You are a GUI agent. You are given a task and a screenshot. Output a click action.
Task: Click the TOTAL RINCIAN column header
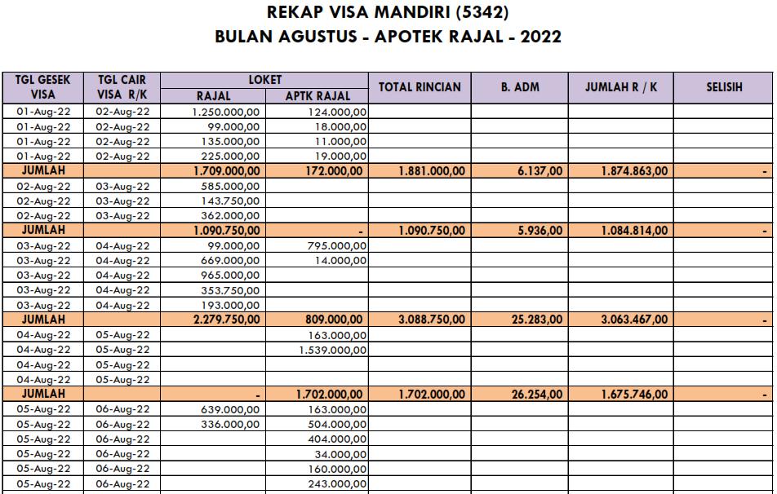click(x=420, y=87)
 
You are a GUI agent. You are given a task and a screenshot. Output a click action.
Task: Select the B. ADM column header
click(x=520, y=87)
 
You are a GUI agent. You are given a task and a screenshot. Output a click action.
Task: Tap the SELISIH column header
click(x=724, y=87)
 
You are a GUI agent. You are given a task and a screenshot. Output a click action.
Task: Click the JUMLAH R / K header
click(x=621, y=87)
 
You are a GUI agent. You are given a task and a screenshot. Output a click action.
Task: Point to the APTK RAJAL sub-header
click(x=317, y=96)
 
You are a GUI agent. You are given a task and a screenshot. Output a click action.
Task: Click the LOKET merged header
click(x=265, y=80)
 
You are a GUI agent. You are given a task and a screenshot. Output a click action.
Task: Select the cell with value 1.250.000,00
click(x=226, y=112)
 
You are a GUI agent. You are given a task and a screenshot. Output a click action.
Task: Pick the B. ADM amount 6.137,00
click(x=539, y=171)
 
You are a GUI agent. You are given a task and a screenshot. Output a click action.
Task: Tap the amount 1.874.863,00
click(x=634, y=171)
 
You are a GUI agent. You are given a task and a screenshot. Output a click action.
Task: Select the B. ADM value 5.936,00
click(x=539, y=231)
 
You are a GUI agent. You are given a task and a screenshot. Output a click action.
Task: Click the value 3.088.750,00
click(x=432, y=320)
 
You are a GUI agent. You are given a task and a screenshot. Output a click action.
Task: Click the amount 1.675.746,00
click(x=634, y=395)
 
